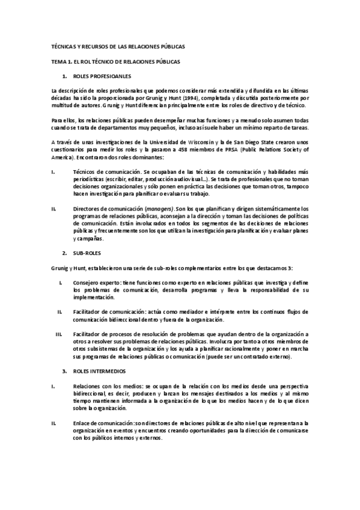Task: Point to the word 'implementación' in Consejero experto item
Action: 93,297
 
